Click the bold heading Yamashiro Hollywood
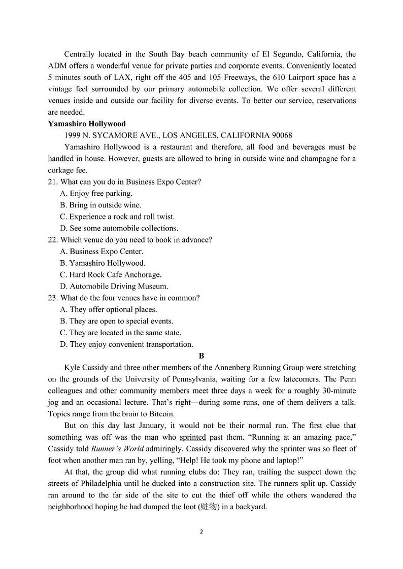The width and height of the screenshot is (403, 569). coord(87,124)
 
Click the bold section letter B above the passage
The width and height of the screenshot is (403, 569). coord(201,356)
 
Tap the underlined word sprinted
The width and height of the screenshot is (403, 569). coord(193,437)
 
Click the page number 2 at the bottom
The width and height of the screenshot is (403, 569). coord(201,532)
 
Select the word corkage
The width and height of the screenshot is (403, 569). coord(61,170)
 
